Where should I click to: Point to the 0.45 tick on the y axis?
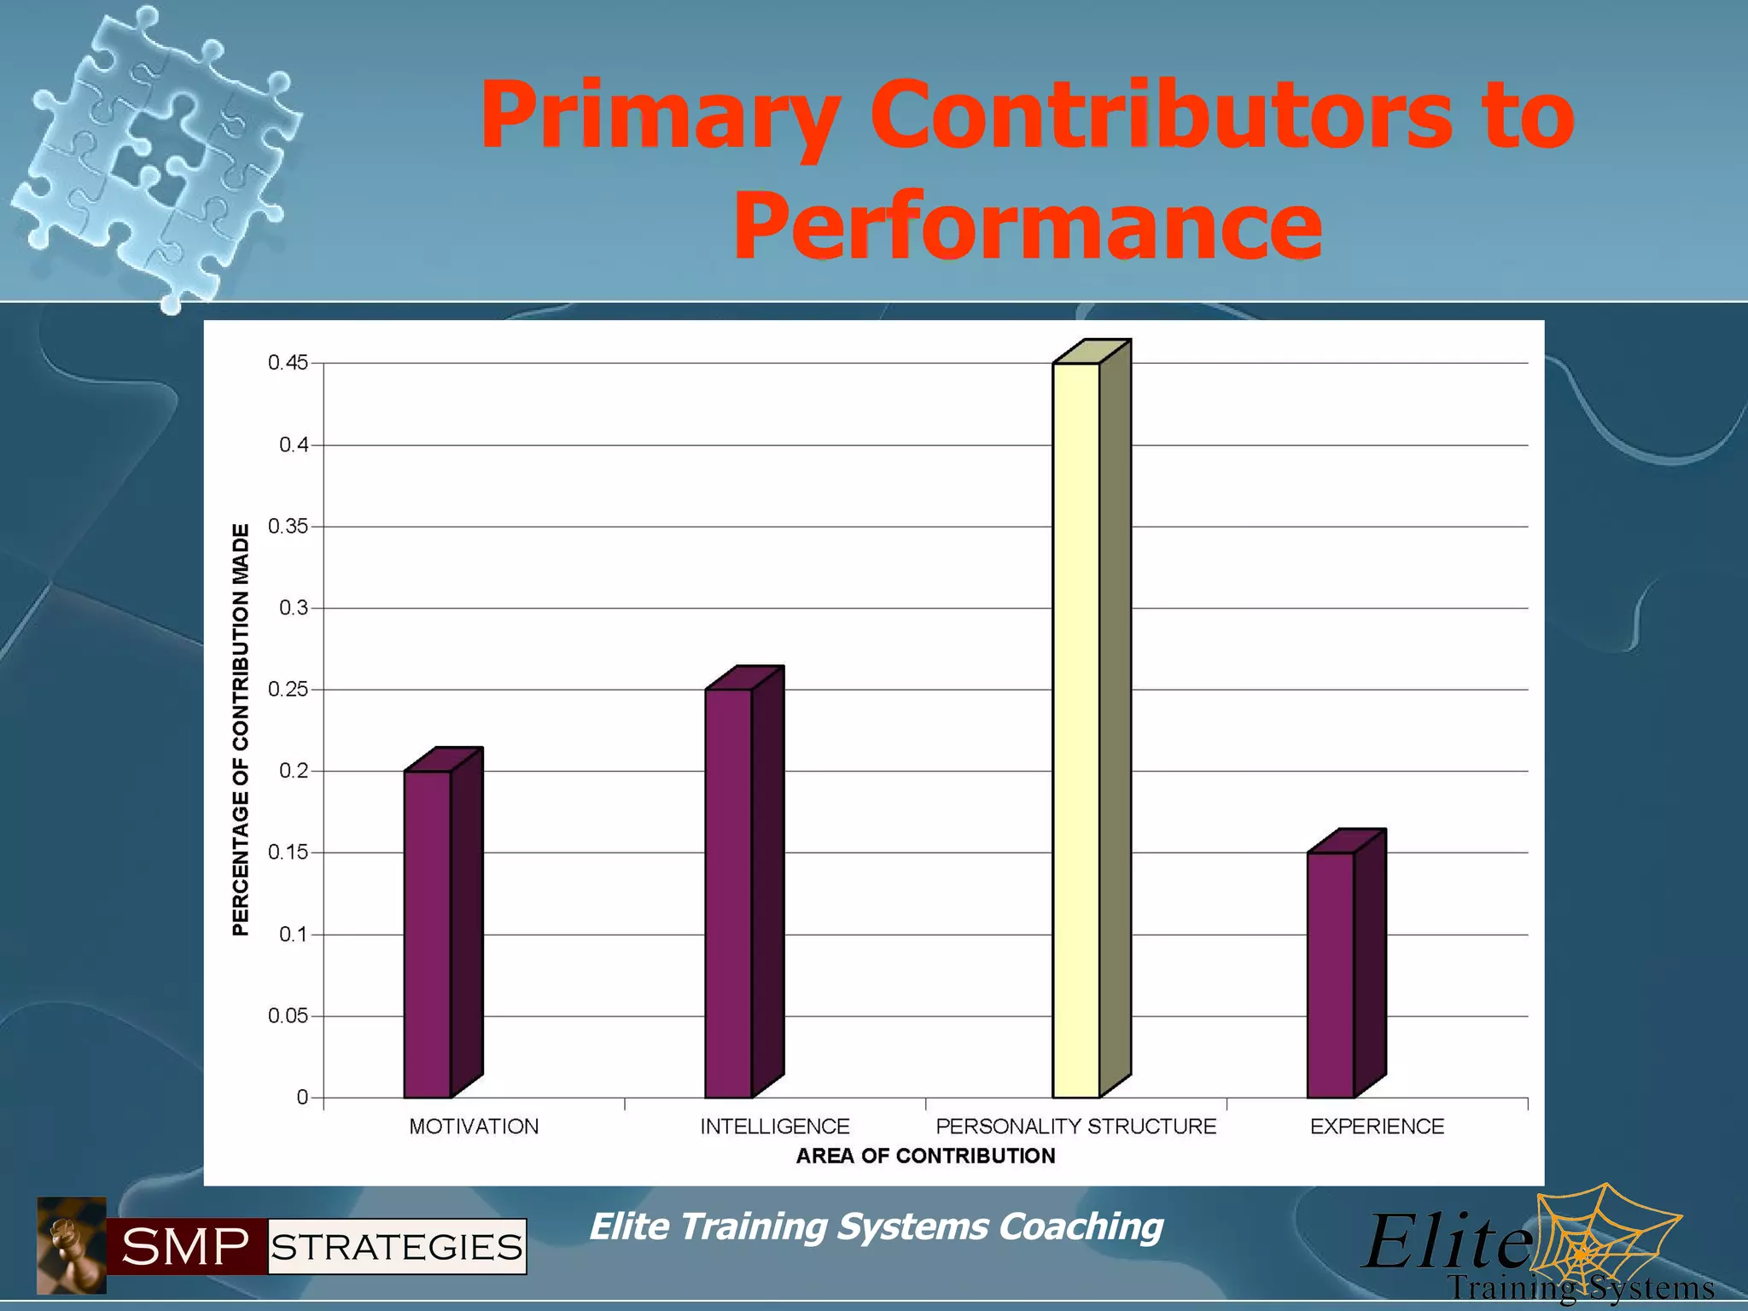(288, 363)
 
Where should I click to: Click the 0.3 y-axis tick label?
(294, 608)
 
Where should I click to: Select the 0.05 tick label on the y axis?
(288, 1016)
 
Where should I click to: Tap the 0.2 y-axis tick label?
(294, 771)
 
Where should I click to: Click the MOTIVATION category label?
(474, 1127)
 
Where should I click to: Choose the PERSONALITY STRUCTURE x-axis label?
(1075, 1127)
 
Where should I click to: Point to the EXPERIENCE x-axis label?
(1377, 1127)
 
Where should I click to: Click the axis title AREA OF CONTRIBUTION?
(925, 1156)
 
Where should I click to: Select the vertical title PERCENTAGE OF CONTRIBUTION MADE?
(242, 730)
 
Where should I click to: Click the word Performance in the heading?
(1028, 224)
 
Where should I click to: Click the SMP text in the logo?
(186, 1247)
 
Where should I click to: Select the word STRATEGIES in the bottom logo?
(397, 1247)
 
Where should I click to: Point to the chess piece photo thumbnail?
(72, 1244)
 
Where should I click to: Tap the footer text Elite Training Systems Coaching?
(876, 1227)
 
